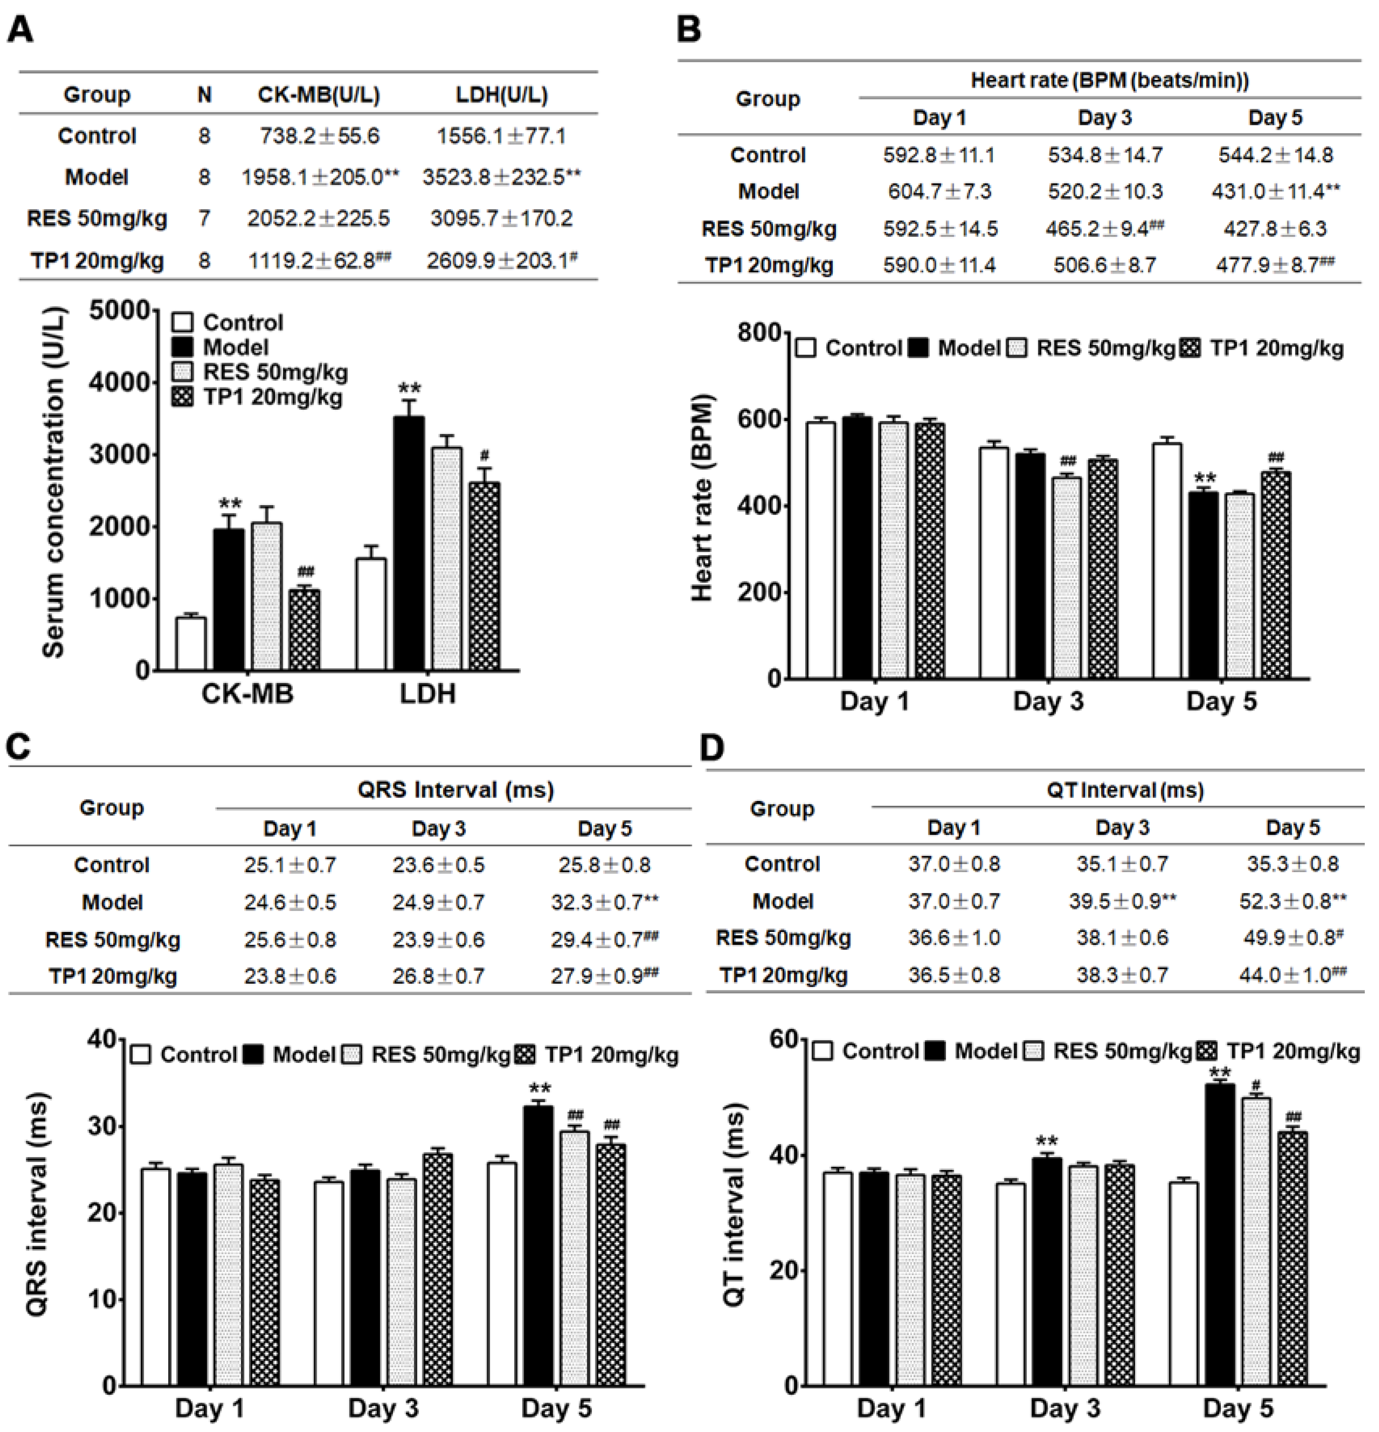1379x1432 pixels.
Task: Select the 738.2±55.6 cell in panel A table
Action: [319, 136]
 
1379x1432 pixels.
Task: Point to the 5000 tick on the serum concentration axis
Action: [121, 311]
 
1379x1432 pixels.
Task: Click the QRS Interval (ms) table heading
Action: [455, 790]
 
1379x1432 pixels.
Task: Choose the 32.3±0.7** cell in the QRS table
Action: [604, 902]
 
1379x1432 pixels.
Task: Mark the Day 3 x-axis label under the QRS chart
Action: [383, 1407]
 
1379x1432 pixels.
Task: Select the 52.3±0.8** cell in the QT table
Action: [1292, 901]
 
